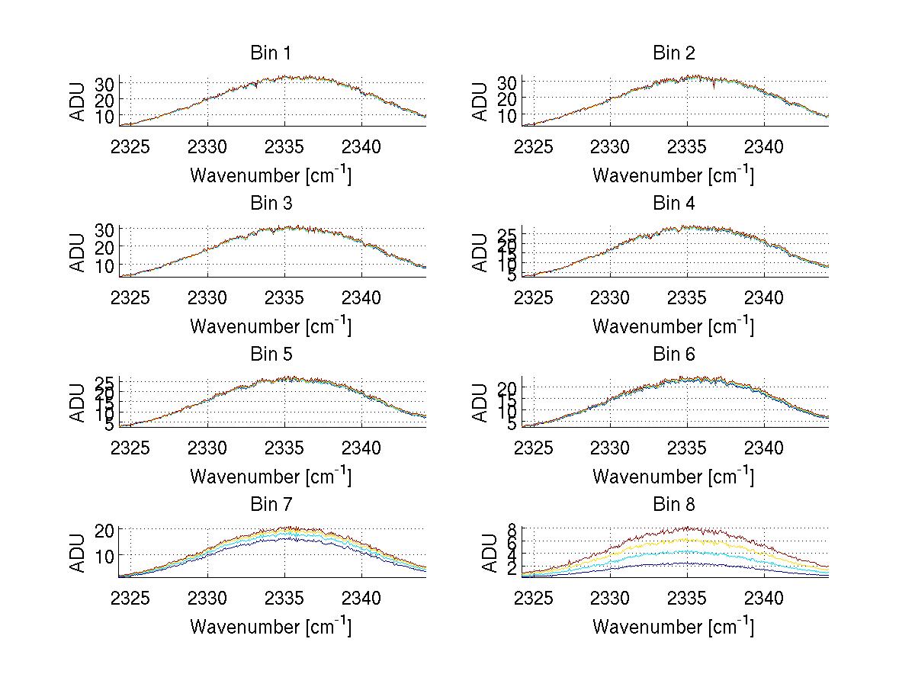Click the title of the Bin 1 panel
[271, 53]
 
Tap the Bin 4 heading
[674, 204]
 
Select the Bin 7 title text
[271, 505]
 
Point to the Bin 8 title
[674, 505]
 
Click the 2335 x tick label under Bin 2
[688, 146]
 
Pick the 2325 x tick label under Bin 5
[130, 448]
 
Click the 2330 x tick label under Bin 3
[207, 297]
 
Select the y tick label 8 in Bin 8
[512, 528]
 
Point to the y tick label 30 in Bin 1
[104, 83]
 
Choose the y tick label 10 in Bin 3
[104, 265]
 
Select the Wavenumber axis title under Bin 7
[271, 627]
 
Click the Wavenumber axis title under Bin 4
[673, 326]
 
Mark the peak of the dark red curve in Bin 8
[689, 527]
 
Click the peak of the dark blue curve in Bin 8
[671, 563]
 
